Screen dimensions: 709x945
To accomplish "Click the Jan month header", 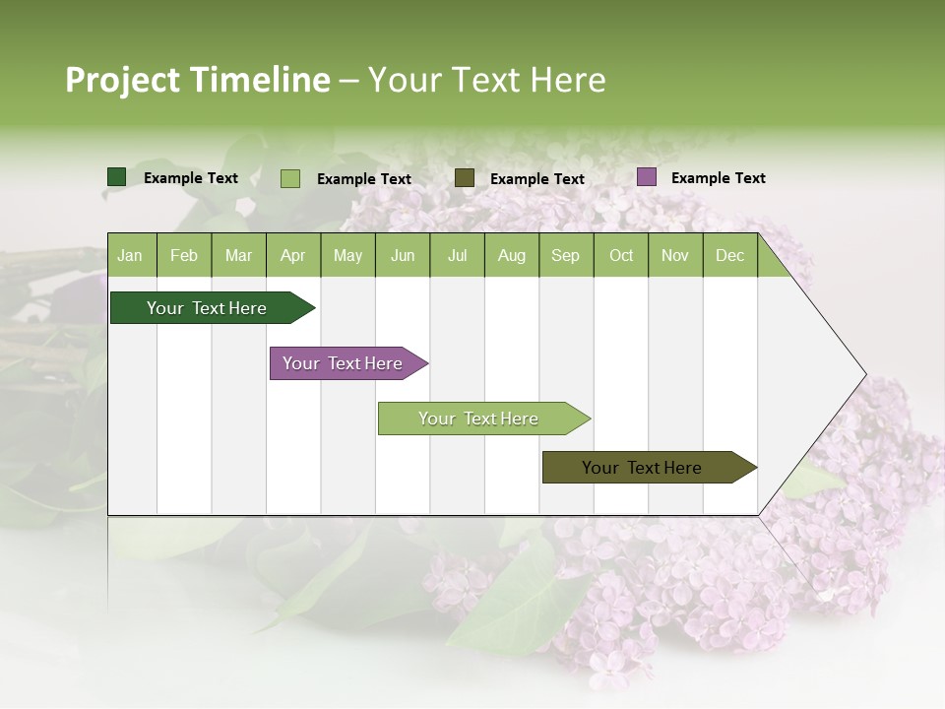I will click(130, 255).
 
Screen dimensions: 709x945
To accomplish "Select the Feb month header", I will click(184, 255).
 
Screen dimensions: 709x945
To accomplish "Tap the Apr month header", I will click(292, 255).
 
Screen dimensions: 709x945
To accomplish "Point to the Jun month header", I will click(403, 255).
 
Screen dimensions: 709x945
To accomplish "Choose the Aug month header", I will click(511, 255).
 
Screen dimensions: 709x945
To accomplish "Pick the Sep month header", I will click(565, 255).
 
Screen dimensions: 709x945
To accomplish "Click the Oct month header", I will click(621, 255).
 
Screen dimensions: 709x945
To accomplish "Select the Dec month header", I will click(729, 255).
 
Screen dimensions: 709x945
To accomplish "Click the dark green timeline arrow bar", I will click(208, 308).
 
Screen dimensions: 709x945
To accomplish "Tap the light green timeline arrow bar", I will click(479, 419).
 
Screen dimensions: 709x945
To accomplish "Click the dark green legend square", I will click(117, 177).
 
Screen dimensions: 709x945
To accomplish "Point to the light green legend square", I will click(290, 178).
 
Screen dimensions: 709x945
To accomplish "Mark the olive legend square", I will click(465, 177).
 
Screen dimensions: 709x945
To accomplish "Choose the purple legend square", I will click(647, 177).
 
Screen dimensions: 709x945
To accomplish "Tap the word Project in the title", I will click(122, 80).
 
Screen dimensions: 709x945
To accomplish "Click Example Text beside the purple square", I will click(718, 178).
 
